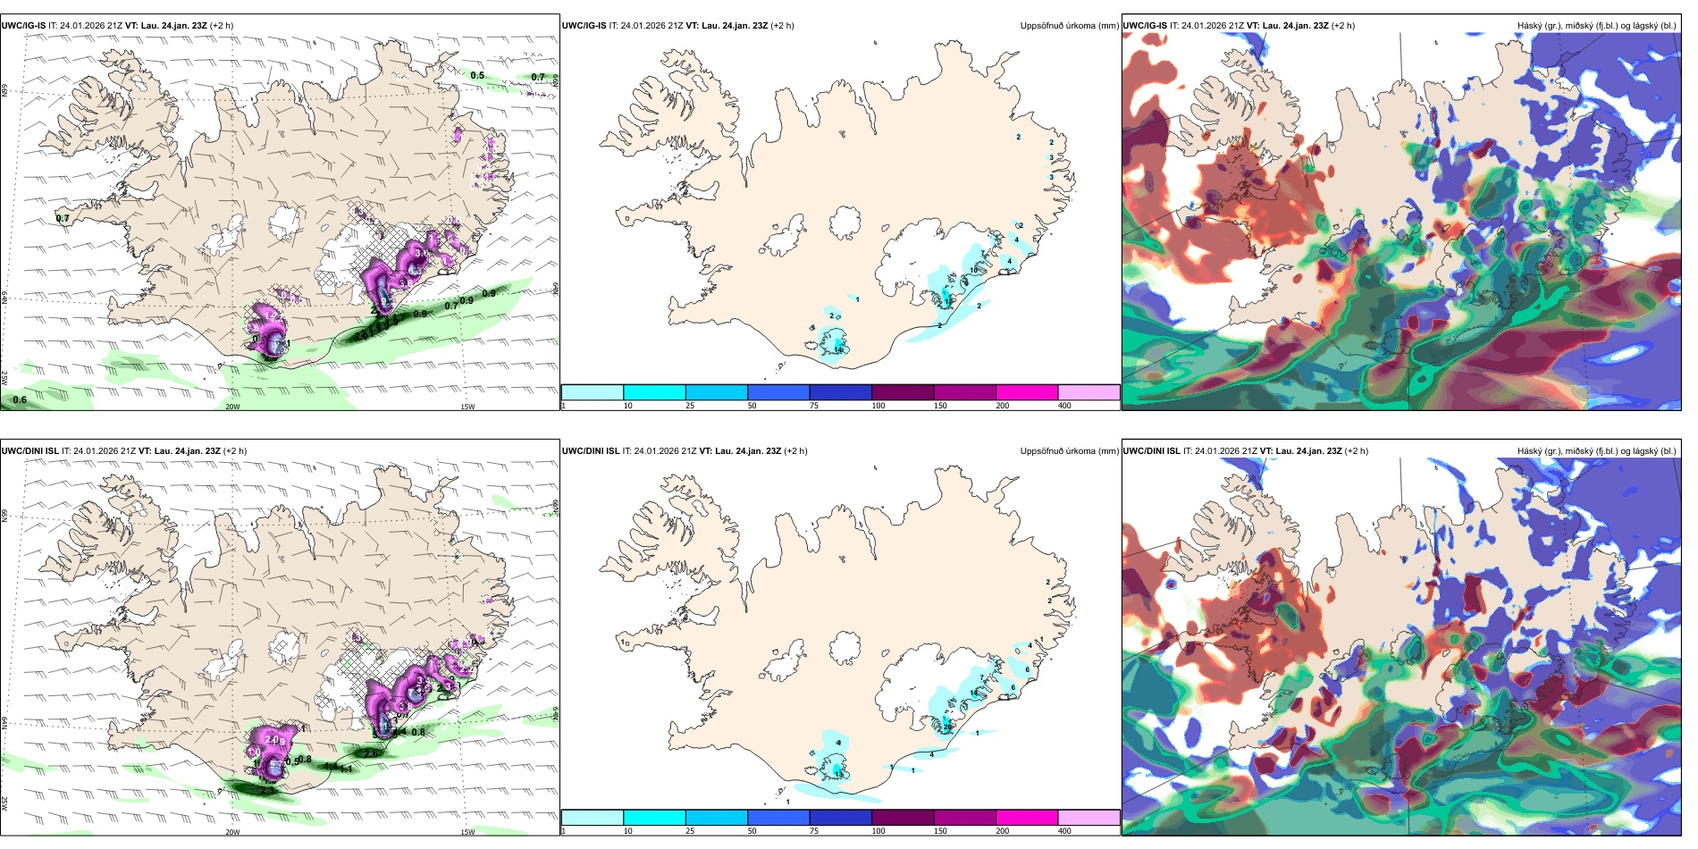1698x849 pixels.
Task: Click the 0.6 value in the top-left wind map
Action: point(20,399)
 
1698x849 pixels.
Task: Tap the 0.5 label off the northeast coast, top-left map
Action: point(477,75)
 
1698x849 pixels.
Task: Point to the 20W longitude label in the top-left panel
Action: point(232,407)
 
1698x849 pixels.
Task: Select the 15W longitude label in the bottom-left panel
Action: point(467,832)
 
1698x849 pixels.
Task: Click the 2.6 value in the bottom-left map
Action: point(371,753)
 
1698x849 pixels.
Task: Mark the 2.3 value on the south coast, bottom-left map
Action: point(268,790)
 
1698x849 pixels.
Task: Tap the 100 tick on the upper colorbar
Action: point(878,406)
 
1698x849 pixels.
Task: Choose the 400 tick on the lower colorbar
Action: point(1064,831)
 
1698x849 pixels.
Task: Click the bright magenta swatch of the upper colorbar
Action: point(1027,392)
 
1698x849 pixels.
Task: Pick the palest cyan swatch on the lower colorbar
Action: point(593,818)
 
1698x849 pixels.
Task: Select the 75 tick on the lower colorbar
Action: point(814,831)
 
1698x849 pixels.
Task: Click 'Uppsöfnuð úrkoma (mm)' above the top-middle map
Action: point(1069,26)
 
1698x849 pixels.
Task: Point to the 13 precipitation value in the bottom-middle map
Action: point(838,774)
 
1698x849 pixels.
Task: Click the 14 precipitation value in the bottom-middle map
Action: point(974,693)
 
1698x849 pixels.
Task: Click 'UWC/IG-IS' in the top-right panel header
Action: point(1145,26)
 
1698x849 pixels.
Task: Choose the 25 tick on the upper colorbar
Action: point(690,406)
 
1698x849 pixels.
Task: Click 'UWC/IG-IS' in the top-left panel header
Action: point(23,26)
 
